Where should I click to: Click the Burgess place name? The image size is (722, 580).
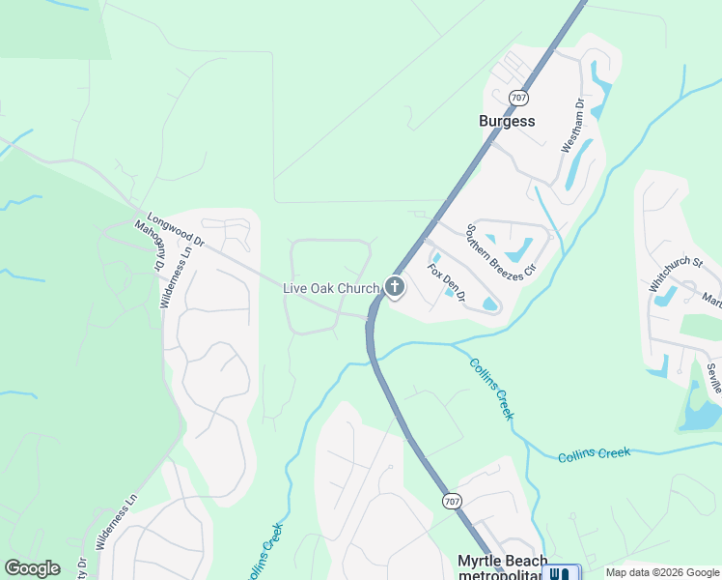click(x=507, y=122)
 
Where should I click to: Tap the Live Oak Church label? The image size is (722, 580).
click(x=330, y=288)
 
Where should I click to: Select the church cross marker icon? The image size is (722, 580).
click(x=394, y=286)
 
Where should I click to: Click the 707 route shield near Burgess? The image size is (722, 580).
click(x=519, y=98)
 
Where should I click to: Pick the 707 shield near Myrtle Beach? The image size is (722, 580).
click(x=452, y=501)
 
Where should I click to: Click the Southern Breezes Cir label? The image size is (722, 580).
click(x=500, y=252)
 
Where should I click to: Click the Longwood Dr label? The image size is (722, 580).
click(x=178, y=231)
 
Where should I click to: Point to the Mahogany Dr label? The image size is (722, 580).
click(x=151, y=246)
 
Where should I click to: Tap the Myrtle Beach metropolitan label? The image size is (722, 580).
click(x=502, y=568)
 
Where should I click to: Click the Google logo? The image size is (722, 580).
click(x=32, y=568)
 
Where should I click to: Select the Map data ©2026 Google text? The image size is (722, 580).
click(x=661, y=572)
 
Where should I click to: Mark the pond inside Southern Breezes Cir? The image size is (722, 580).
click(x=518, y=248)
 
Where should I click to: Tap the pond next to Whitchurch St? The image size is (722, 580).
click(x=665, y=296)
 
